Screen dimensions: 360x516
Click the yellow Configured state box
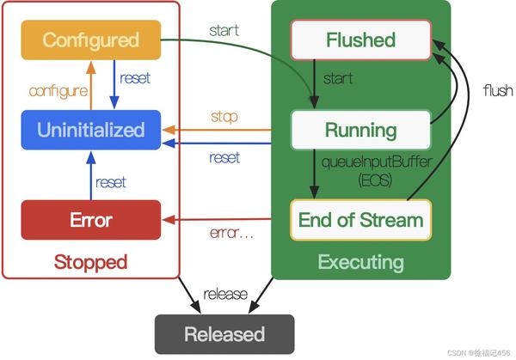[x=90, y=40]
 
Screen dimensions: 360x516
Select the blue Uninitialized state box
[x=90, y=130]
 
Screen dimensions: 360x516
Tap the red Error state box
[x=90, y=220]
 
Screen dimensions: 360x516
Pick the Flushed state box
[x=360, y=40]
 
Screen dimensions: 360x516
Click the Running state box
[x=360, y=130]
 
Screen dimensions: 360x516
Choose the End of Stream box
[x=360, y=220]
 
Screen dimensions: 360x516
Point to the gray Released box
[x=224, y=333]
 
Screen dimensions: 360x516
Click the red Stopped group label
[x=90, y=261]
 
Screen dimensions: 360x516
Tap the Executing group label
[x=360, y=261]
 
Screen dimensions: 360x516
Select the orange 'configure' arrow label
[x=58, y=90]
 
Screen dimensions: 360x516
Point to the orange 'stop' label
[x=224, y=116]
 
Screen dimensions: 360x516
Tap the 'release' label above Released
[x=225, y=295]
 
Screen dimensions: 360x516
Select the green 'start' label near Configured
[x=224, y=30]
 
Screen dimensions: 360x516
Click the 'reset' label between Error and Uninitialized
[x=111, y=182]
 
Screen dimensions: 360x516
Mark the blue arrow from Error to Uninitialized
[x=91, y=175]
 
